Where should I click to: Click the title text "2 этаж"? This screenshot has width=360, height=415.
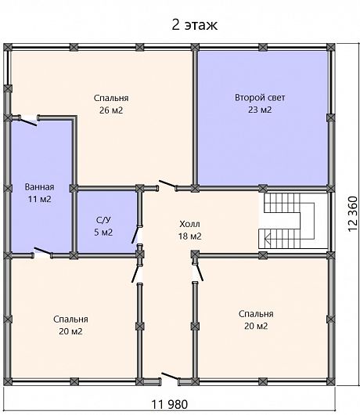(195, 25)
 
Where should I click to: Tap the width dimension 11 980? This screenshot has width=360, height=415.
(170, 404)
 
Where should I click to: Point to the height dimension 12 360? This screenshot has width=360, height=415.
(352, 214)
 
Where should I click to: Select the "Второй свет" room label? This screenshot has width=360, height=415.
(260, 97)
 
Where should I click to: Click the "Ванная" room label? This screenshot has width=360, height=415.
(39, 187)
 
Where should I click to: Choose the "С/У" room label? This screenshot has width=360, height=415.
(103, 220)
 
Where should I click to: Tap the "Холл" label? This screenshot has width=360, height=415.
(189, 224)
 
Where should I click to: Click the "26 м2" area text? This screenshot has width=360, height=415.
(111, 110)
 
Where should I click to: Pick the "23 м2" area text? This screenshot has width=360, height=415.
(260, 110)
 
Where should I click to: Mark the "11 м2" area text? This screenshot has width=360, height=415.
(39, 199)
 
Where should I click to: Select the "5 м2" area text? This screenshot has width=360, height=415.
(103, 232)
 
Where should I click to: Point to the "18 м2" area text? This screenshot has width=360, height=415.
(189, 236)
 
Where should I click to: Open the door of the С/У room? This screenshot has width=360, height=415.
(135, 234)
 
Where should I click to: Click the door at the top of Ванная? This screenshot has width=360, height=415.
(28, 121)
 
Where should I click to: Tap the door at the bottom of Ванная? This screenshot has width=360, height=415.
(43, 252)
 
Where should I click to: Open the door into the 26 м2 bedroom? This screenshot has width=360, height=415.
(167, 185)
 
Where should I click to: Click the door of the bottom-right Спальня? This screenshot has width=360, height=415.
(199, 272)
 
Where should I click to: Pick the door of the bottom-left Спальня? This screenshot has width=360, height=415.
(135, 274)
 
